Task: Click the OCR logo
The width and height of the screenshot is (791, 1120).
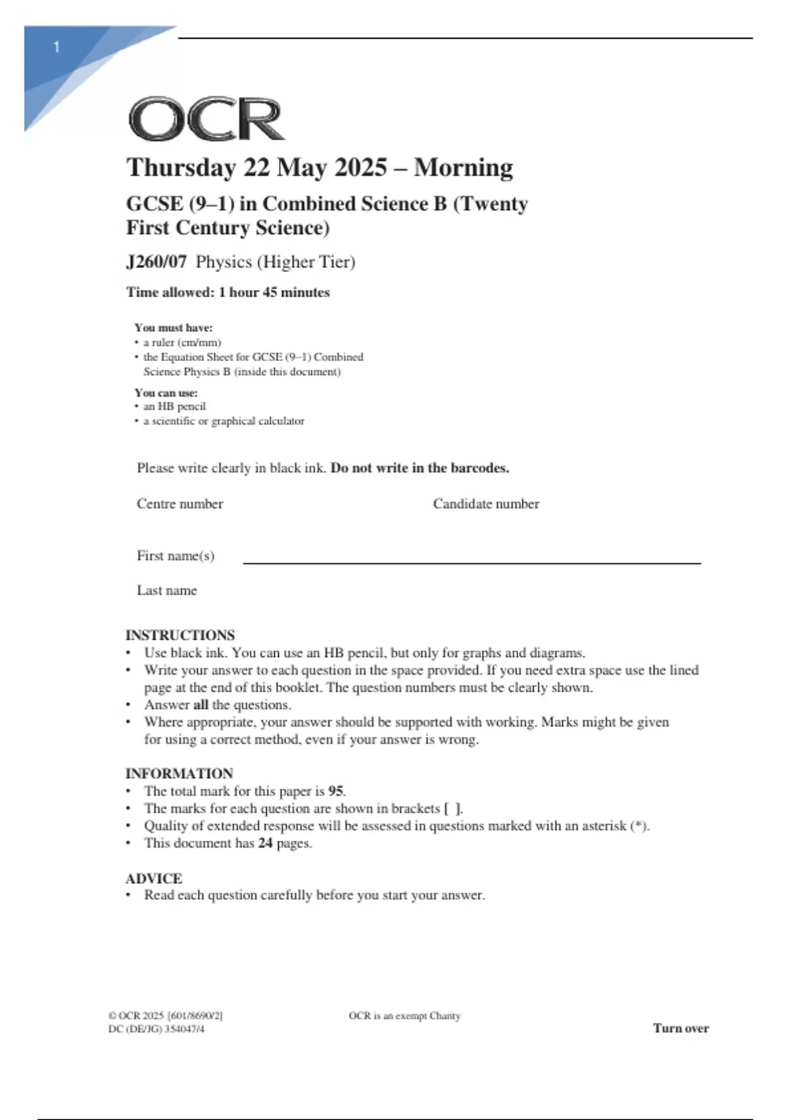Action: coord(206,119)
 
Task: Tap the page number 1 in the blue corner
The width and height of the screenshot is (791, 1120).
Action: coord(57,47)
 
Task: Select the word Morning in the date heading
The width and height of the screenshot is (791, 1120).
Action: coord(463,168)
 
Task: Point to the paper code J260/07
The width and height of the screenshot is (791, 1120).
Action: coord(156,262)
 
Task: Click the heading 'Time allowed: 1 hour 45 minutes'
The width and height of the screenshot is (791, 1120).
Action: coord(228,293)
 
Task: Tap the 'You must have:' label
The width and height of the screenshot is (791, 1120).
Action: coord(173,327)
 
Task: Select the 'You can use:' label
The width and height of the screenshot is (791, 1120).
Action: coord(166,393)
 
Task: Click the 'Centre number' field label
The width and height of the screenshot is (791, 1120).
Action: coord(179,504)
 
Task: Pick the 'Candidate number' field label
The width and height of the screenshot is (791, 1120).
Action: coord(486,504)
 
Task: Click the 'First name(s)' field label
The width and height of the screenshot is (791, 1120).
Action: coord(175,556)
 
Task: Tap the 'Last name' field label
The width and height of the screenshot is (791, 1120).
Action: coord(167,590)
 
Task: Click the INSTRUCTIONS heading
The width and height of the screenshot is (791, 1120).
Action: coord(180,635)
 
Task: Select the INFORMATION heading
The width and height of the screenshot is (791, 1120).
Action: coord(179,773)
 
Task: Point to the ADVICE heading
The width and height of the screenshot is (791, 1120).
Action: coord(154,878)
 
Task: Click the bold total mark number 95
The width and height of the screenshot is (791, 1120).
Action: coord(336,791)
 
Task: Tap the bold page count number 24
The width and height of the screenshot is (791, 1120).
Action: coord(265,843)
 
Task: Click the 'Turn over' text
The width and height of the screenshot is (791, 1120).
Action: coord(681,1028)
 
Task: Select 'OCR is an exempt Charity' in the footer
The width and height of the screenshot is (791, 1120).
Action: coord(405,1016)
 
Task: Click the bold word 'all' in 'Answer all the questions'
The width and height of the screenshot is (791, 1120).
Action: coord(200,705)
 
